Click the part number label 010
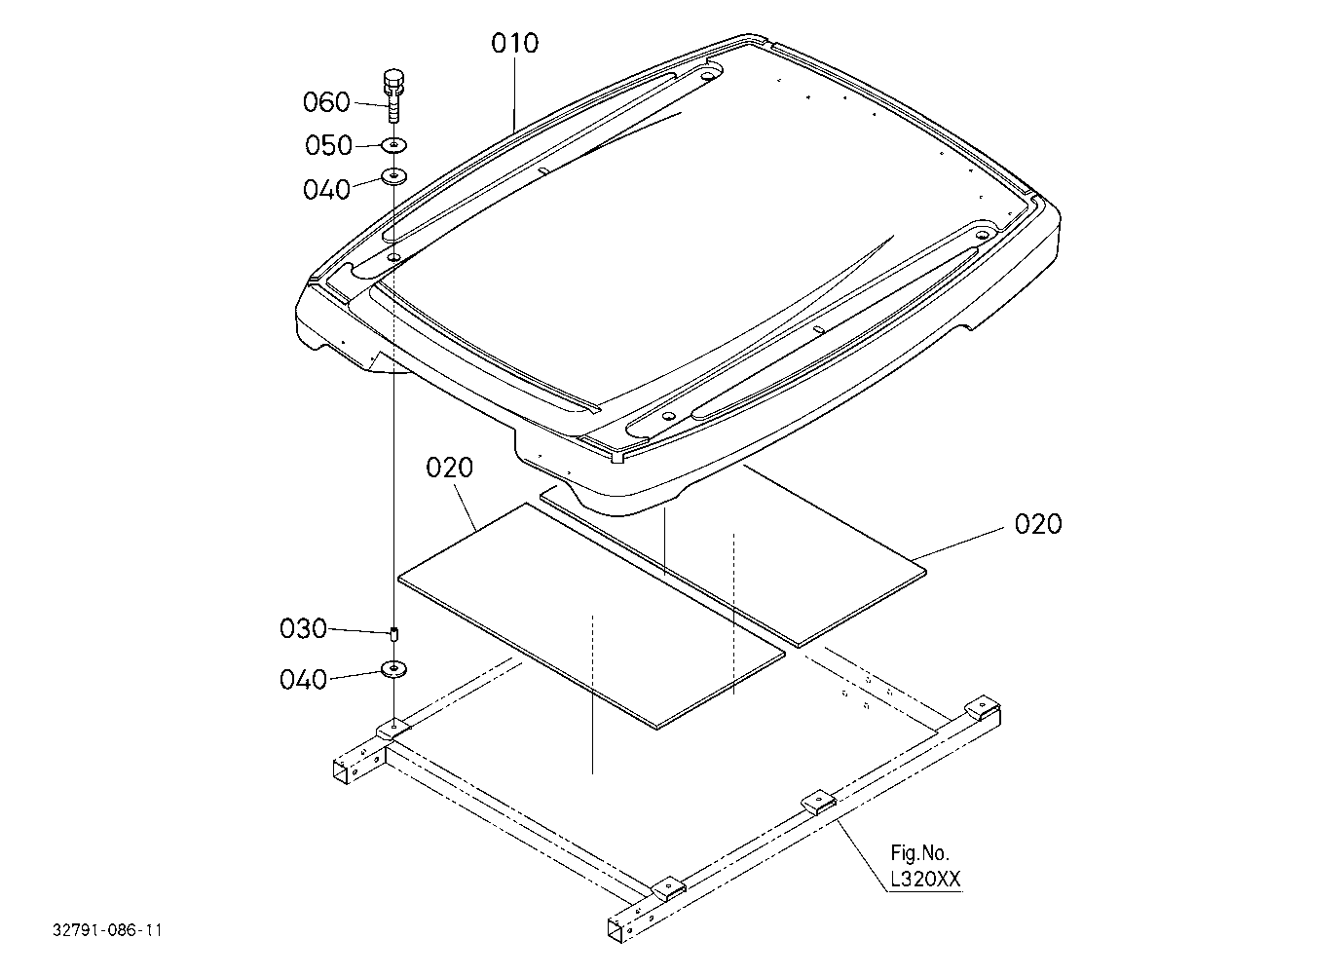click(x=515, y=43)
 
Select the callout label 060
click(x=326, y=102)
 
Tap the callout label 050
click(x=328, y=145)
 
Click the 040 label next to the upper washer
click(x=326, y=190)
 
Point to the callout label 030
click(x=303, y=629)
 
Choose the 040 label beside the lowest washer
click(x=303, y=680)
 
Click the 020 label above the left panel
click(x=449, y=468)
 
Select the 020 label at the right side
click(x=1038, y=524)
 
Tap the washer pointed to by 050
click(x=394, y=145)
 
